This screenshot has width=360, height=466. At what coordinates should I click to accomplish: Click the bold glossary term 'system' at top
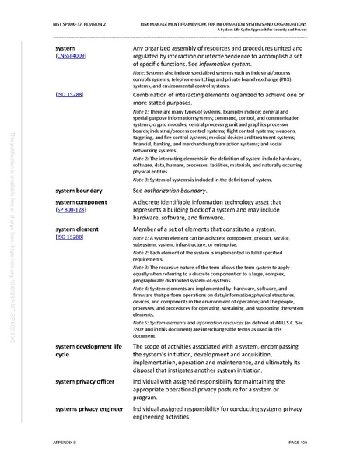point(65,48)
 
